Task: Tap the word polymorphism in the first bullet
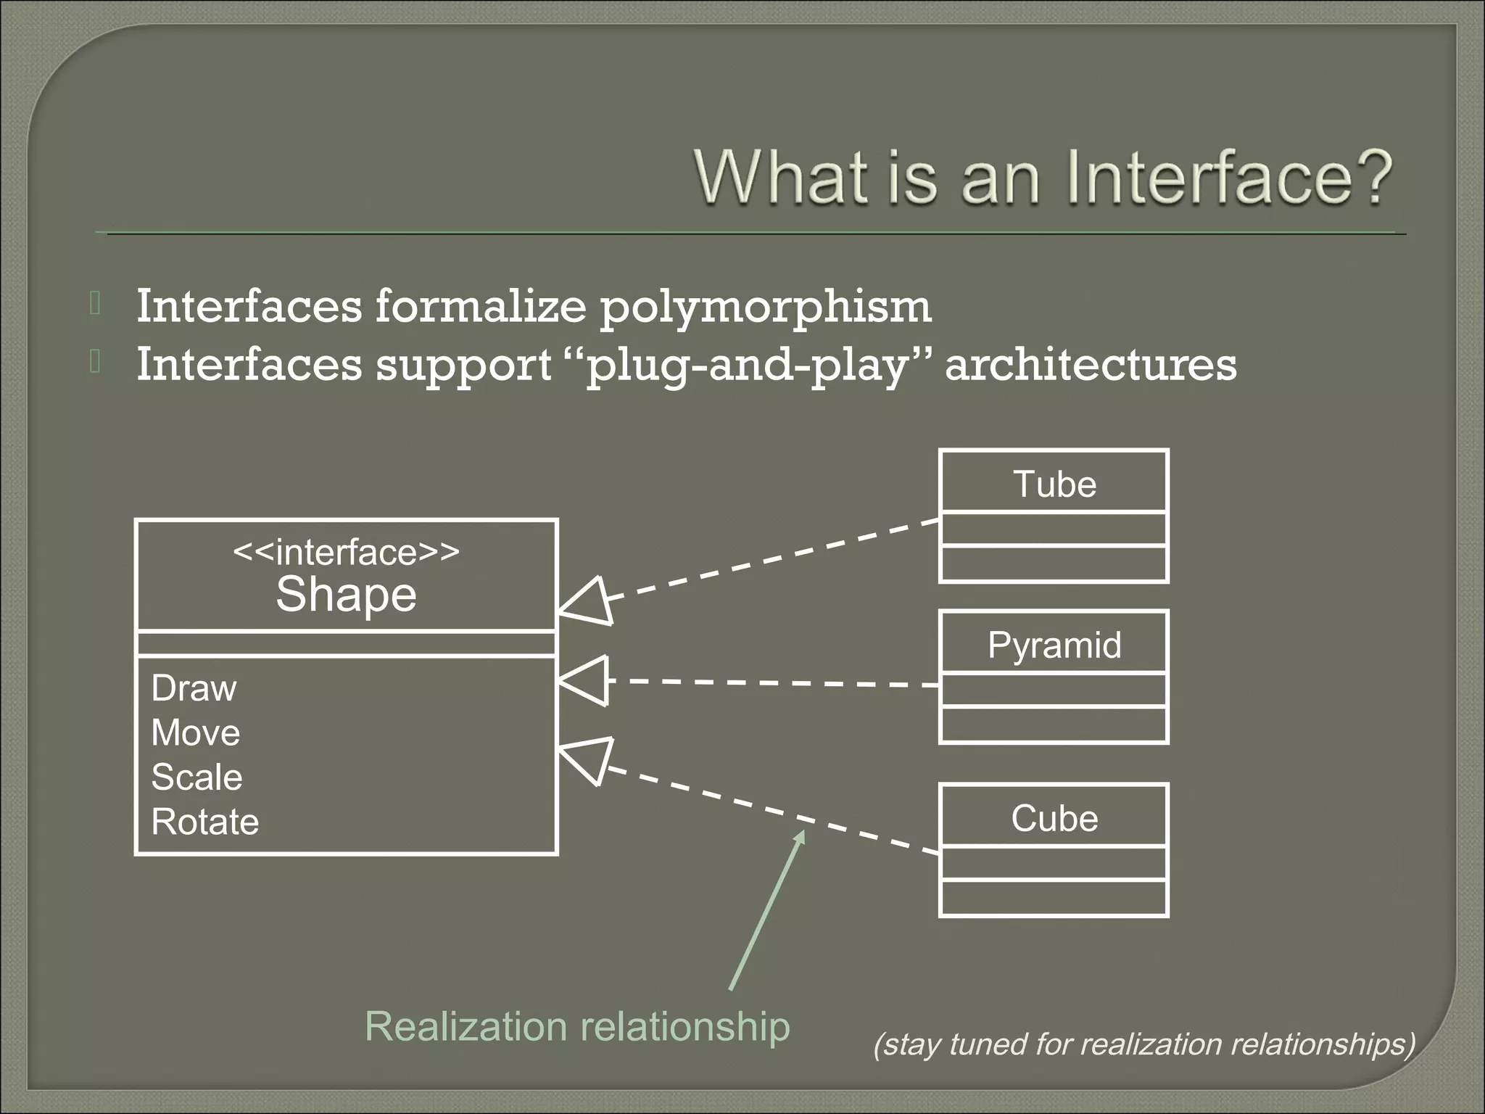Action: click(765, 307)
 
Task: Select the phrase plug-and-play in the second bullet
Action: click(748, 365)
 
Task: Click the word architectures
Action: click(1091, 365)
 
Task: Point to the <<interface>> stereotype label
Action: click(346, 553)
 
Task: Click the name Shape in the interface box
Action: click(346, 595)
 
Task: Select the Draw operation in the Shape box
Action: click(194, 688)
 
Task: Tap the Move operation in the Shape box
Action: click(196, 733)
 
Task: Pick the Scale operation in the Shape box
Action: click(197, 777)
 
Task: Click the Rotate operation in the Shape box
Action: click(205, 822)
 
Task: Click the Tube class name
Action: click(1054, 484)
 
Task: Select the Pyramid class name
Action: click(1054, 645)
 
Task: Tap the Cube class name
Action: click(1054, 818)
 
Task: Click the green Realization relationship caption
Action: click(577, 1026)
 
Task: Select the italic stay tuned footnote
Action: click(1144, 1044)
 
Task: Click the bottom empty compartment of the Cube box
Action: click(1054, 898)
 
